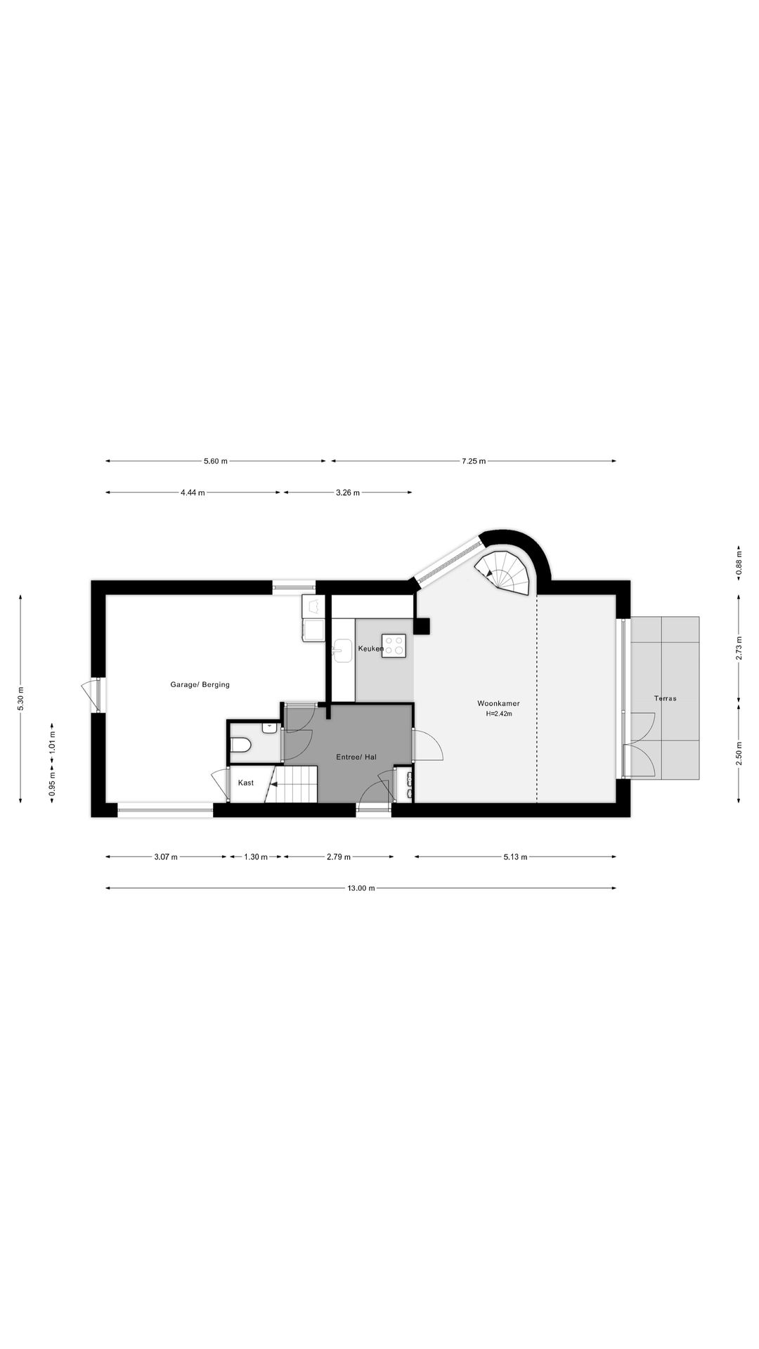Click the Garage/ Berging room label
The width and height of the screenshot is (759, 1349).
click(200, 684)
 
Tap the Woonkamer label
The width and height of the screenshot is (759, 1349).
click(498, 703)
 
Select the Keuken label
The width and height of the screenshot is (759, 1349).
click(370, 649)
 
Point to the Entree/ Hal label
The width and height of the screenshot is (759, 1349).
click(356, 757)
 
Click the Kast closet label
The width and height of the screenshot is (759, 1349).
click(246, 783)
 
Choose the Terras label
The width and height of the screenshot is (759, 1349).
click(665, 698)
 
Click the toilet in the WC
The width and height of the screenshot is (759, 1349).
click(240, 745)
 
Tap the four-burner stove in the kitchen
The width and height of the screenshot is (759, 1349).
click(394, 646)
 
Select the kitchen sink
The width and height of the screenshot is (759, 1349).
click(342, 650)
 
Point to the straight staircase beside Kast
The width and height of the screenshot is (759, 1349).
click(296, 784)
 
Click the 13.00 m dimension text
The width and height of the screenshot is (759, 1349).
click(361, 888)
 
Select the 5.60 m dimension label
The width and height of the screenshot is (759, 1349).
click(216, 461)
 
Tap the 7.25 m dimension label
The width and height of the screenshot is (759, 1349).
click(474, 461)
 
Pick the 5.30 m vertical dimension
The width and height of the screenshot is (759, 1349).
click(20, 698)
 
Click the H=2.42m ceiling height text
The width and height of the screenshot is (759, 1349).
click(499, 714)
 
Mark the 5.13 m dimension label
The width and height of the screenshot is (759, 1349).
click(515, 856)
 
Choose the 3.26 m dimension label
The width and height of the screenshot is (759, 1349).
click(348, 493)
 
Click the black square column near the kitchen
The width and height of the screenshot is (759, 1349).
click(422, 626)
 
